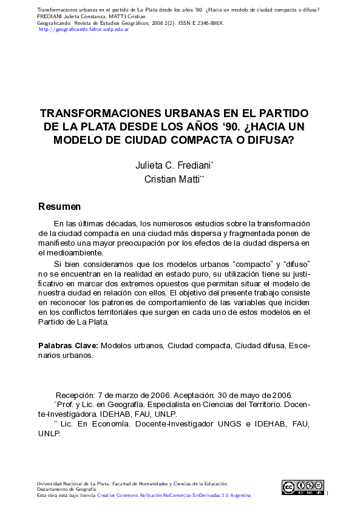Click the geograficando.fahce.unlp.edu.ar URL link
tap(84, 29)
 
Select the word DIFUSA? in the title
tap(268, 140)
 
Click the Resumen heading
tap(59, 207)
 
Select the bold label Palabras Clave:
tap(68, 345)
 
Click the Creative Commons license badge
tap(302, 487)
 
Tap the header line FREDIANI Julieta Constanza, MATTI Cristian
tap(91, 16)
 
